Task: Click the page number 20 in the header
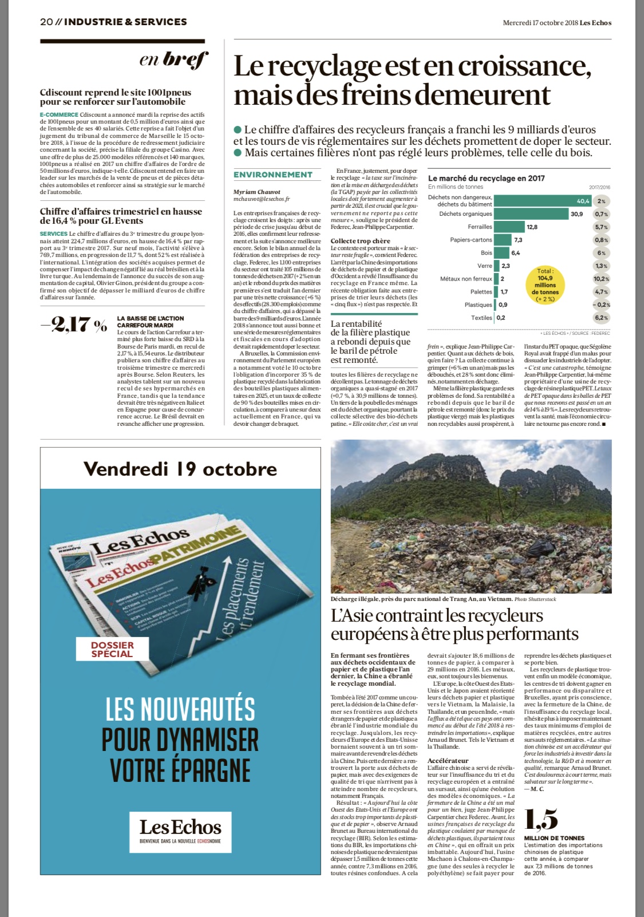tap(46, 22)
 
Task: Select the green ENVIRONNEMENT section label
tap(273, 175)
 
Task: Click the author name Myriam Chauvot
tap(257, 192)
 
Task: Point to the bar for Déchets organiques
tap(531, 214)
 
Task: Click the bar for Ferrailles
tap(509, 227)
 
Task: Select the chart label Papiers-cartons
tap(471, 240)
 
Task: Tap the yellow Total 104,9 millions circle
tap(545, 284)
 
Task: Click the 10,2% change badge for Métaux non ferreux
tap(601, 279)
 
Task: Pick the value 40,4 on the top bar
tap(582, 201)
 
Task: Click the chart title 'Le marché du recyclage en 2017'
tap(486, 178)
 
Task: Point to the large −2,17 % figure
tap(74, 325)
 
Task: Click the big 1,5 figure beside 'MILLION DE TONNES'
tap(541, 820)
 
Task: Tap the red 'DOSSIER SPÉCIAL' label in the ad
tap(112, 649)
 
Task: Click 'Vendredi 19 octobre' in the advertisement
tap(180, 469)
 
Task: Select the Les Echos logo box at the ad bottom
tap(180, 832)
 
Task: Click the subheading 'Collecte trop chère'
tap(360, 241)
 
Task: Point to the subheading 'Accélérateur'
tap(448, 761)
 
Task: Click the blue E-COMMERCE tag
tap(59, 115)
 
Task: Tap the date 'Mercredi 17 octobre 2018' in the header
tap(540, 23)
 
